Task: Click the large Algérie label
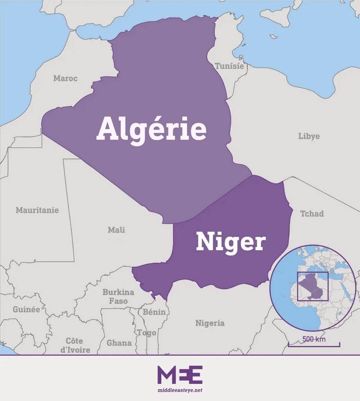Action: click(x=151, y=129)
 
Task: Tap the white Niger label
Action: click(x=230, y=242)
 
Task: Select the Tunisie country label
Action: click(x=230, y=66)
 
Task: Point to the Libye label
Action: click(x=309, y=136)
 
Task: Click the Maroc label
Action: click(x=65, y=78)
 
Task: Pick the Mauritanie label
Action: click(x=37, y=210)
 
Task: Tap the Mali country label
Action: click(x=116, y=230)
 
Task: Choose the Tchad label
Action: click(x=312, y=214)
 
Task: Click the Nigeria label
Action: click(x=210, y=323)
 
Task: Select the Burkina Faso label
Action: click(x=118, y=296)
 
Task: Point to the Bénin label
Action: click(x=154, y=312)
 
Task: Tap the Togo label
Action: click(x=146, y=333)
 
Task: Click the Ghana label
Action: click(x=119, y=343)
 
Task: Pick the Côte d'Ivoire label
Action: click(x=75, y=345)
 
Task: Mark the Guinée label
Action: click(x=26, y=309)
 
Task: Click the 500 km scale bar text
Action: click(x=314, y=339)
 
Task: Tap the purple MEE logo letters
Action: click(x=180, y=375)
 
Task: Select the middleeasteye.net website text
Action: click(x=180, y=390)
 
